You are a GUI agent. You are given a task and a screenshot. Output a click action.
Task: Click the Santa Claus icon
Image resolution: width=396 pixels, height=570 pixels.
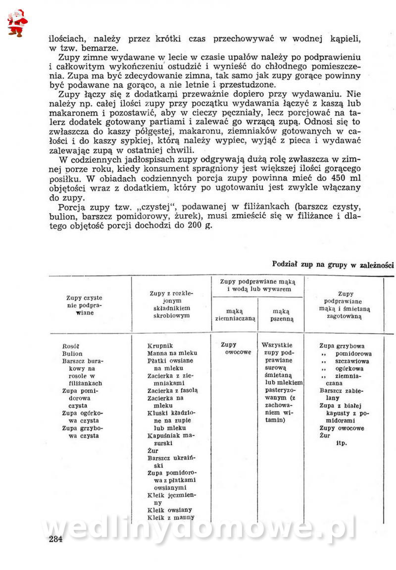(x=17, y=22)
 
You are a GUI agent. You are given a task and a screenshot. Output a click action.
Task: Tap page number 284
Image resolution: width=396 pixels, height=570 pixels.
(x=55, y=539)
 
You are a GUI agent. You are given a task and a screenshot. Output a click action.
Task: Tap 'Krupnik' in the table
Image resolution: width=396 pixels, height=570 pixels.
(x=160, y=346)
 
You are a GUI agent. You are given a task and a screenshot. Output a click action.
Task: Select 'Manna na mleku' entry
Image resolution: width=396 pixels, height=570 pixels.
(x=172, y=353)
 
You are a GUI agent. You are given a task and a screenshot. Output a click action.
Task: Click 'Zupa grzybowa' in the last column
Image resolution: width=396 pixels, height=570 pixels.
(x=342, y=346)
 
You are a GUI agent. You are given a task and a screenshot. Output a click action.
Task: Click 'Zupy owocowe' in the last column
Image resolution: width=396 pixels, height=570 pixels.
(x=342, y=428)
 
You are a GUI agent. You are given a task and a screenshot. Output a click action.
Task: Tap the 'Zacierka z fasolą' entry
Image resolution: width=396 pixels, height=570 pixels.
(x=172, y=390)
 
